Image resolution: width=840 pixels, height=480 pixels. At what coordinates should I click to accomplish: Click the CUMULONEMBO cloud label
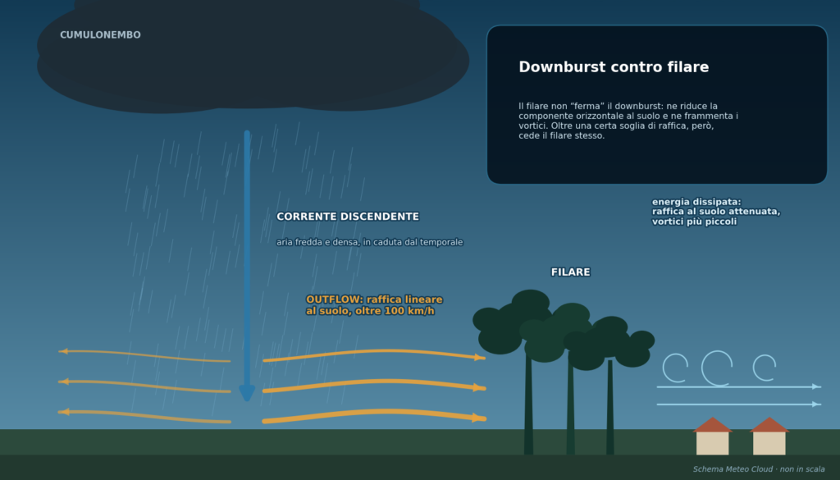100,34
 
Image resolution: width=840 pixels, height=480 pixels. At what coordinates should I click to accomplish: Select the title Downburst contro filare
614,67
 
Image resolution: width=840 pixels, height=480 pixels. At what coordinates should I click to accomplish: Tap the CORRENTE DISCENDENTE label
348,217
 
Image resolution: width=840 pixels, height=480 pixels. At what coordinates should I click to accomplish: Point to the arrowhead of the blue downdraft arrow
247,393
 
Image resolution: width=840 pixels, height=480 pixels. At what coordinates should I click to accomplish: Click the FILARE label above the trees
571,272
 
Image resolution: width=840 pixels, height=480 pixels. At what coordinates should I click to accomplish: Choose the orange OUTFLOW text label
374,305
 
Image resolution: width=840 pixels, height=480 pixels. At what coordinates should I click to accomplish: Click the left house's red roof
713,425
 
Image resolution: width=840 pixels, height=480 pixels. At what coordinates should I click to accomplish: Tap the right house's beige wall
769,444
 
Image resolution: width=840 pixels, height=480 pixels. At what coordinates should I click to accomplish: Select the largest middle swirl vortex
717,368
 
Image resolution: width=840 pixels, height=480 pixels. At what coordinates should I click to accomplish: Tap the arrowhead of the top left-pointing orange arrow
62,351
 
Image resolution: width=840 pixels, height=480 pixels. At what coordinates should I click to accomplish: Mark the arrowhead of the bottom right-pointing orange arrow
479,418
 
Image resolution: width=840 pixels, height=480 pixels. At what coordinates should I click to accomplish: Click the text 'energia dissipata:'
696,202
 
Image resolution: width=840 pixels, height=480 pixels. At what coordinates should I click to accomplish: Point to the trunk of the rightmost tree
610,407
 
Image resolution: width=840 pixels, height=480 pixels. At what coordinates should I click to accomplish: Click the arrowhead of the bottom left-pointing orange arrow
63,412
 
